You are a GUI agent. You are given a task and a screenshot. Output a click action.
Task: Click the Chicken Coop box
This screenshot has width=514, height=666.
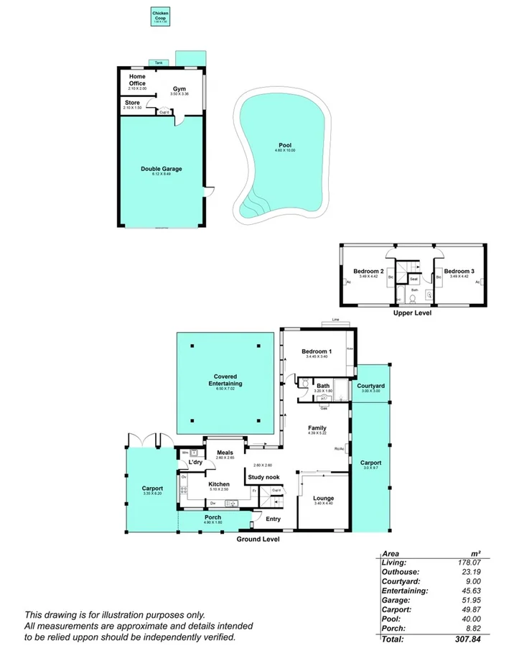click(x=160, y=17)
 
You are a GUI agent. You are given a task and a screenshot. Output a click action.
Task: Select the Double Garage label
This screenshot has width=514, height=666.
click(x=161, y=169)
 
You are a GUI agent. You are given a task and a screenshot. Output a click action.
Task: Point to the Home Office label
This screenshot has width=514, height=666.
click(x=137, y=80)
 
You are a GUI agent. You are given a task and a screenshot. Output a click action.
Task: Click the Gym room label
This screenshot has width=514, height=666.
click(x=179, y=88)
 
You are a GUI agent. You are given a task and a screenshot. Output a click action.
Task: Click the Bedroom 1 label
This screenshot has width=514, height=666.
click(x=316, y=350)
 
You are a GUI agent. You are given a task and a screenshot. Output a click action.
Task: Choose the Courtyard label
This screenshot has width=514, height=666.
click(x=370, y=386)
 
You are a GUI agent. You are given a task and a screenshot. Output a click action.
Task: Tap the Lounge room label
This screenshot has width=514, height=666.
click(x=324, y=498)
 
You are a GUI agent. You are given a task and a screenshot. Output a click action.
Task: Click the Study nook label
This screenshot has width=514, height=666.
click(x=263, y=476)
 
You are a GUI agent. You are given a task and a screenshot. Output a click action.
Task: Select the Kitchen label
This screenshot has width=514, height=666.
click(x=219, y=484)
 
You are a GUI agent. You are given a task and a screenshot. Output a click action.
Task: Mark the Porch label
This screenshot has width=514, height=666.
click(x=213, y=517)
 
